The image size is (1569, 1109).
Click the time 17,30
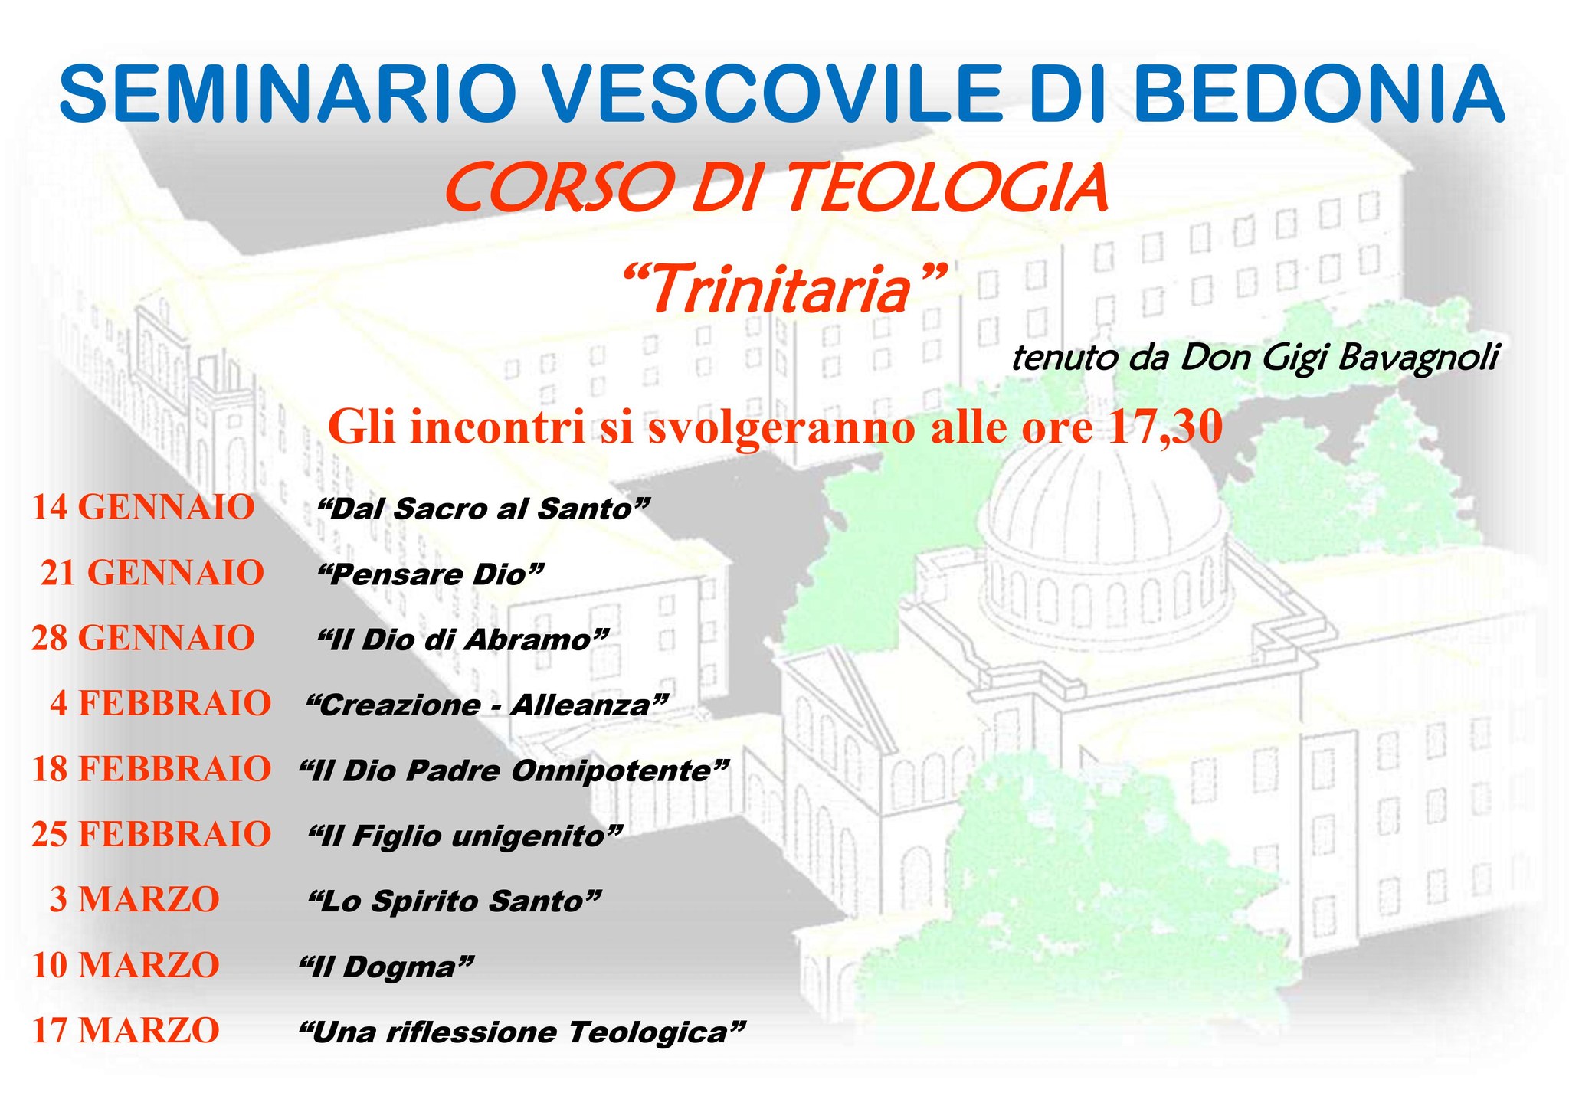click(x=1164, y=427)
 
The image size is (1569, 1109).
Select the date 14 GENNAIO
click(x=143, y=507)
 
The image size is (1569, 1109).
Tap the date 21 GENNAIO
click(x=152, y=572)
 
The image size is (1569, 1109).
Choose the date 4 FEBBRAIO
click(x=161, y=703)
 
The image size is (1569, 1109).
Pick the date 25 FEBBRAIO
click(x=152, y=833)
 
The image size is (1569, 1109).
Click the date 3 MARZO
click(x=135, y=899)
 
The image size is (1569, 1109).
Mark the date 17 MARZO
click(x=126, y=1030)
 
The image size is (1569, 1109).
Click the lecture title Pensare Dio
click(x=431, y=574)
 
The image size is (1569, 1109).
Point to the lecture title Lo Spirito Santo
click(x=454, y=901)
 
